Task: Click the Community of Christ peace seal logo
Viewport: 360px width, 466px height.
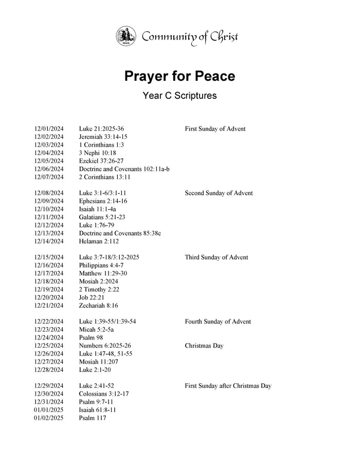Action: pos(126,37)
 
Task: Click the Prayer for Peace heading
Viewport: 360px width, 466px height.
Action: pos(179,76)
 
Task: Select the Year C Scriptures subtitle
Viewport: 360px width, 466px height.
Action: pos(179,96)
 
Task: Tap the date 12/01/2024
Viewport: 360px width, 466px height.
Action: pos(49,129)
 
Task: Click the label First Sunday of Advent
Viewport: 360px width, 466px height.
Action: pos(215,129)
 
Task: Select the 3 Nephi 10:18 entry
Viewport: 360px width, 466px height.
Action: pos(98,153)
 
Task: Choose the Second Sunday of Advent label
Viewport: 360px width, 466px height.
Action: pos(219,193)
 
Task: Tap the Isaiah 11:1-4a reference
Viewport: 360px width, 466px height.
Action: pos(97,209)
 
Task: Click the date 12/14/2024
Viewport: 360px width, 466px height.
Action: pos(49,241)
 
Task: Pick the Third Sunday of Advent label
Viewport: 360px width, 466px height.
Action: pos(215,257)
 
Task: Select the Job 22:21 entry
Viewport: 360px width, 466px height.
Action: pos(92,297)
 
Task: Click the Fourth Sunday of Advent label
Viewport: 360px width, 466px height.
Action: pos(218,321)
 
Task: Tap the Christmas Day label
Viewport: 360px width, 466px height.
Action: pos(204,346)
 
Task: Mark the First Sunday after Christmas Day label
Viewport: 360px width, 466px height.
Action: pos(228,386)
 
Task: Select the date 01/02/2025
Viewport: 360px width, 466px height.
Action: pos(49,418)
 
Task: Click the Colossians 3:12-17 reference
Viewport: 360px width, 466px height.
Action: pos(104,393)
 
